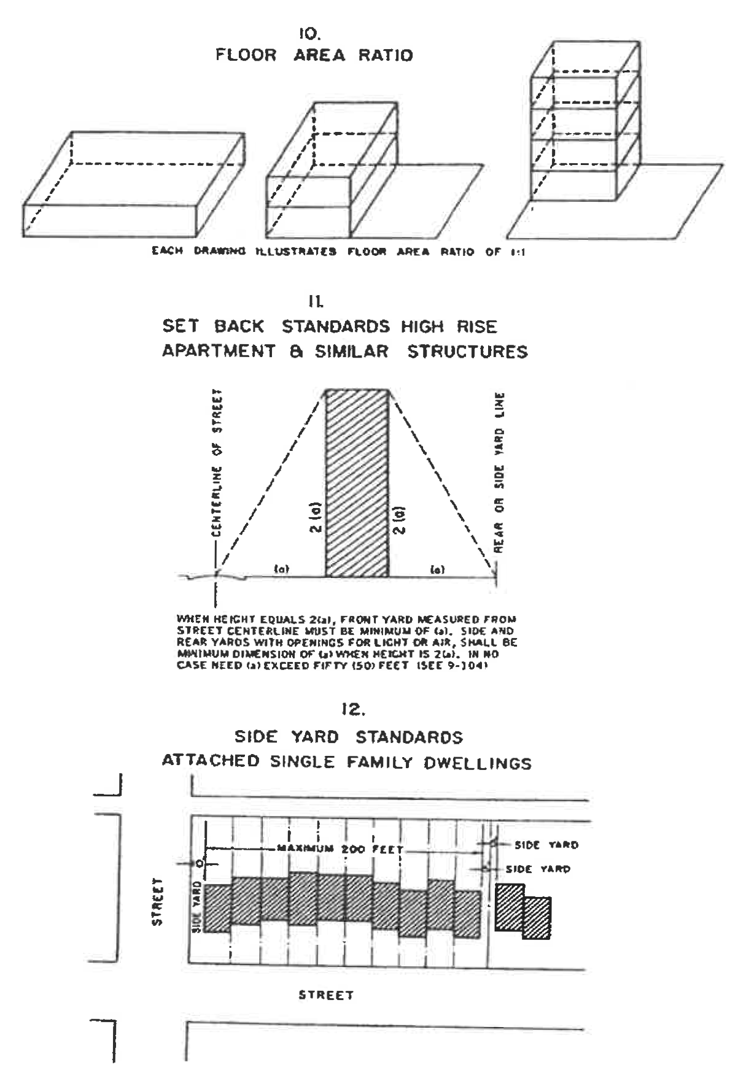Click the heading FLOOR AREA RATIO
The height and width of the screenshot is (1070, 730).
pos(314,55)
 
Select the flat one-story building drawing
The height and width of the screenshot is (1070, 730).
pos(134,184)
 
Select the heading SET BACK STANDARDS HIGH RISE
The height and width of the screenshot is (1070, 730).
pos(330,326)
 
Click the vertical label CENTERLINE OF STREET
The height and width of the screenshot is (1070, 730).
pos(217,464)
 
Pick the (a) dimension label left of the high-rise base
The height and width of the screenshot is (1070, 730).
pos(281,569)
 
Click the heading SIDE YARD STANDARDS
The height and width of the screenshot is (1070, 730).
pos(349,737)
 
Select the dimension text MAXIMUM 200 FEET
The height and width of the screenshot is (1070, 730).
pos(340,850)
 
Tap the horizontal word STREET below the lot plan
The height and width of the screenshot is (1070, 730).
pos(326,995)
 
